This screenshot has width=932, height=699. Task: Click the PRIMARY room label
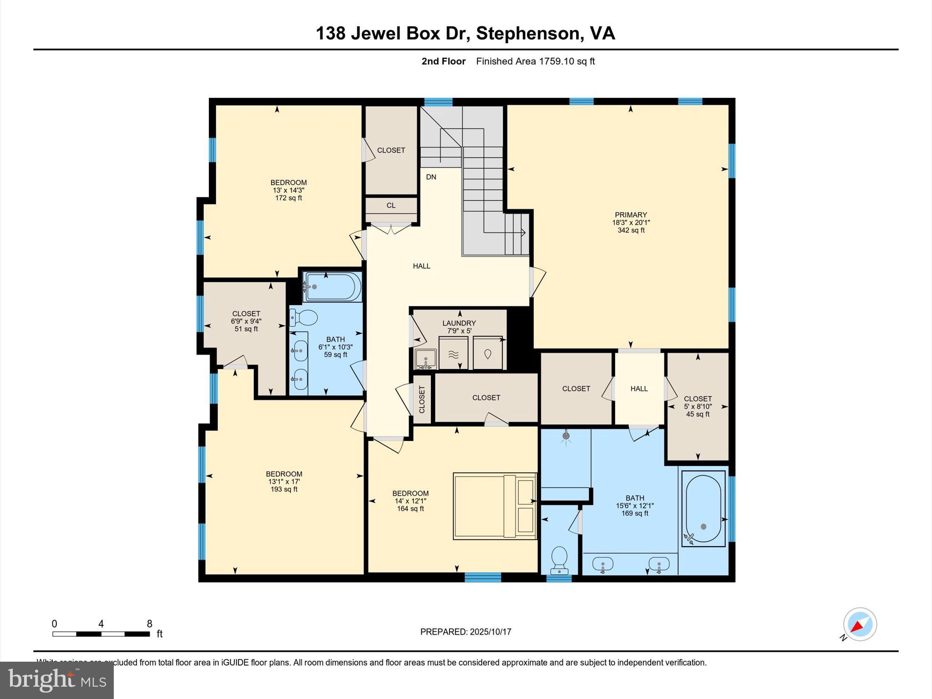coord(630,215)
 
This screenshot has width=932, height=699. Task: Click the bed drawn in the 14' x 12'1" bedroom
coord(495,506)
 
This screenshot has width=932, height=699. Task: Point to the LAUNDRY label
coord(459,323)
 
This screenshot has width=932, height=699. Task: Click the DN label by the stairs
coord(431,177)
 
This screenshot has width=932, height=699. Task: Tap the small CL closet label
coord(391,206)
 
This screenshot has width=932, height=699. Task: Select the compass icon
coord(859,624)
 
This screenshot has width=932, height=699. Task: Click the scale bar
coord(101,634)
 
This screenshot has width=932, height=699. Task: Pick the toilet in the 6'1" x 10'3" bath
coord(304,318)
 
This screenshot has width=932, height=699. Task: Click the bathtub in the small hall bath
coord(333,287)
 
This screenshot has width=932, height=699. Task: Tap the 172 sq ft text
coord(289,198)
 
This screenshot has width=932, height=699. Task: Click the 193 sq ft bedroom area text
coord(284,489)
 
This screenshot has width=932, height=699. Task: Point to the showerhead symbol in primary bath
coord(566,436)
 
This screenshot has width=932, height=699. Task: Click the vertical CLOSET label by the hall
coord(422,399)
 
